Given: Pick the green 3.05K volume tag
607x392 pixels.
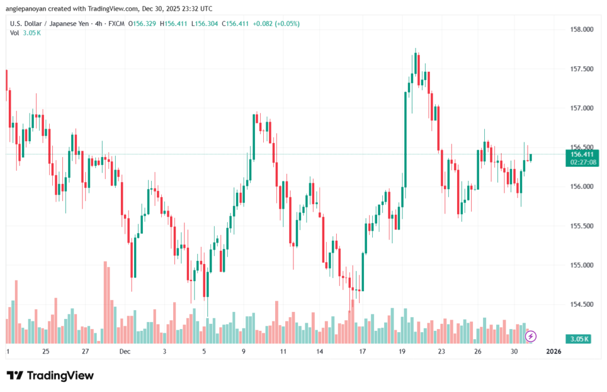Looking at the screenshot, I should (577, 339).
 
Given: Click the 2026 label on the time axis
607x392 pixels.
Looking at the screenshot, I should (552, 351).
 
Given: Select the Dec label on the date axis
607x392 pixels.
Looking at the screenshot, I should (124, 351).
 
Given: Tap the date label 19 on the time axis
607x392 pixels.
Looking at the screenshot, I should (402, 351).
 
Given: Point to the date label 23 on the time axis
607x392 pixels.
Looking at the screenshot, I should (441, 351).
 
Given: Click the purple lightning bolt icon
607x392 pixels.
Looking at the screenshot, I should (531, 336).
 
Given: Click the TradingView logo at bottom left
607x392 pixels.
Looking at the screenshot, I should (50, 375).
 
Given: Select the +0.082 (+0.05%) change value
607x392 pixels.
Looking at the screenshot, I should (276, 24).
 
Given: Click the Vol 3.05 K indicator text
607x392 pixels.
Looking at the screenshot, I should (25, 33).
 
